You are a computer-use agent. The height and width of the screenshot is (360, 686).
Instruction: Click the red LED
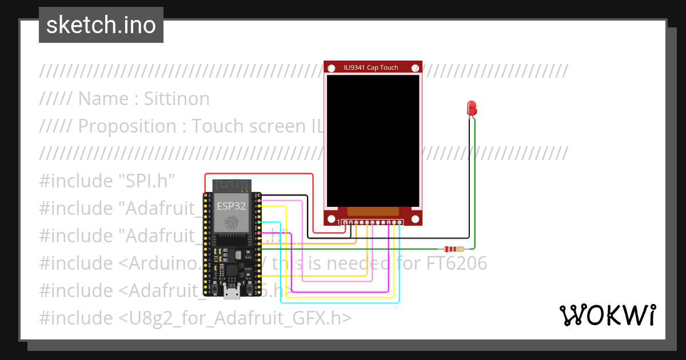[472, 107]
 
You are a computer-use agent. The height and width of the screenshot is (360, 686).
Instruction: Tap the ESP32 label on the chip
[232, 206]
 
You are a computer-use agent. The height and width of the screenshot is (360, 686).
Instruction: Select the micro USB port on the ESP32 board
[232, 293]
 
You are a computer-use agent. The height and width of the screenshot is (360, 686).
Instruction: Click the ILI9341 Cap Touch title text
[371, 67]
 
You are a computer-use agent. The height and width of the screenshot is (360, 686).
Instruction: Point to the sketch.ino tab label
[101, 25]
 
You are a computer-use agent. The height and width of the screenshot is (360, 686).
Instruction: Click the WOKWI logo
[608, 315]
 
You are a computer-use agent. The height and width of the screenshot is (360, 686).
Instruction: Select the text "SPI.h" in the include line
[146, 181]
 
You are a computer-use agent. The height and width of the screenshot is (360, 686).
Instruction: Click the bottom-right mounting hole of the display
[415, 219]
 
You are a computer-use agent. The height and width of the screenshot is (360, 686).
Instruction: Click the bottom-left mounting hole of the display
[331, 219]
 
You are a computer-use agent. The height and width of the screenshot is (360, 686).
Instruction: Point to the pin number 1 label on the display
[338, 222]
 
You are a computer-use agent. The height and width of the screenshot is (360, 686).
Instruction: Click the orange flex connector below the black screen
[373, 211]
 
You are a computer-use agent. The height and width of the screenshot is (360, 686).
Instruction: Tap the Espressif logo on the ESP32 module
[232, 222]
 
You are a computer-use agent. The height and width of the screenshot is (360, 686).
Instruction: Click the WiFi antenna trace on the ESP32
[232, 186]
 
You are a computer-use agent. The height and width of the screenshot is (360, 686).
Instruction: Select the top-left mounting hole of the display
[330, 67]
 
